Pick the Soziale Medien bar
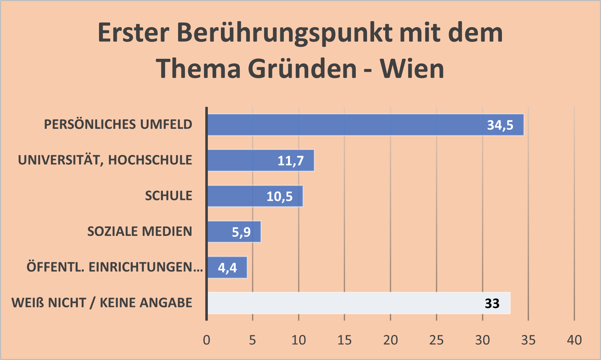pyautogui.click(x=221, y=232)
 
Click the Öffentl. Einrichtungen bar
pyautogui.click(x=214, y=267)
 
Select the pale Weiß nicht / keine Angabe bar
pyautogui.click(x=345, y=303)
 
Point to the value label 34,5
pyautogui.click(x=500, y=125)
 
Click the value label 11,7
pyautogui.click(x=291, y=161)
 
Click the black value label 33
pyautogui.click(x=492, y=303)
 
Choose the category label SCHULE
pyautogui.click(x=169, y=196)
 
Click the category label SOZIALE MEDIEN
pyautogui.click(x=140, y=232)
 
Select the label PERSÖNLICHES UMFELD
pyautogui.click(x=118, y=124)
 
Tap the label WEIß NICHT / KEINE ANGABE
pyautogui.click(x=102, y=303)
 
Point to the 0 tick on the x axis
pyautogui.click(x=206, y=340)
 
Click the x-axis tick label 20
pyautogui.click(x=390, y=340)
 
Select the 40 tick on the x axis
pyautogui.click(x=574, y=340)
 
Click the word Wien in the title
pyautogui.click(x=412, y=69)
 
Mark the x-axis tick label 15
pyautogui.click(x=344, y=340)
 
